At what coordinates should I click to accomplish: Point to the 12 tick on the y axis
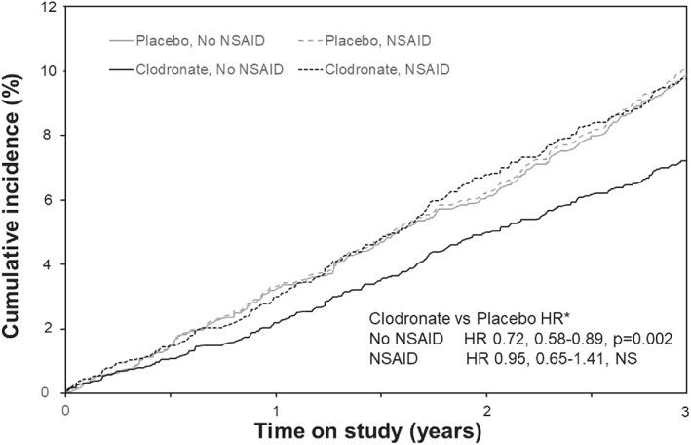pyautogui.click(x=45, y=8)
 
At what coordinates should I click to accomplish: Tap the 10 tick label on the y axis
pyautogui.click(x=45, y=72)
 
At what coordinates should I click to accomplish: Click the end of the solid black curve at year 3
pyautogui.click(x=684, y=161)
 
